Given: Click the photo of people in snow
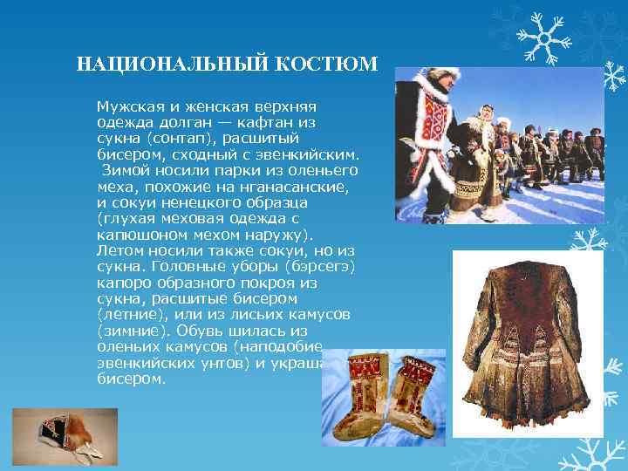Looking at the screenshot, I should [500, 145].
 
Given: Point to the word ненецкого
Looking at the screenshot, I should [207, 202].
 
